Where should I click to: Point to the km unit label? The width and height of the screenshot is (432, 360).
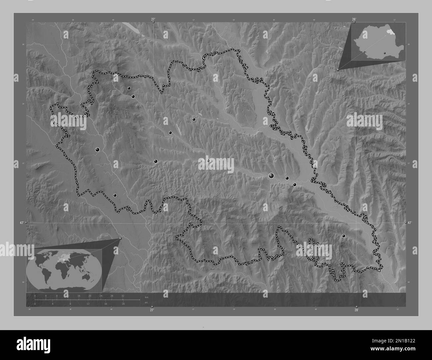tap(147, 297)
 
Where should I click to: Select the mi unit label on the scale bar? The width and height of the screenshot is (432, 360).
tap(146, 302)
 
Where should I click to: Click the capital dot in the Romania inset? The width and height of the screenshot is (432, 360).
tap(384, 52)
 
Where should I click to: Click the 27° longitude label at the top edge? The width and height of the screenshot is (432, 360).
tap(153, 19)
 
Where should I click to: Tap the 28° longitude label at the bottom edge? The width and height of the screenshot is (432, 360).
tap(356, 310)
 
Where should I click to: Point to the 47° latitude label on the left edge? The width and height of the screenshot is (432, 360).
tap(21, 223)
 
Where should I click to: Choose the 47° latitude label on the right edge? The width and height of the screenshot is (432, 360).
tap(410, 223)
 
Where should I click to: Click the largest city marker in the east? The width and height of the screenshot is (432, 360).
tap(271, 176)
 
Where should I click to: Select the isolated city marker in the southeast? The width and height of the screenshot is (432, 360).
tap(344, 236)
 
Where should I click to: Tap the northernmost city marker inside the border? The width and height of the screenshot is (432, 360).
tap(129, 88)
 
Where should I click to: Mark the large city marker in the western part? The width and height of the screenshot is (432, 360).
tap(97, 150)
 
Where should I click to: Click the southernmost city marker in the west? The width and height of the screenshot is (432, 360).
tap(115, 196)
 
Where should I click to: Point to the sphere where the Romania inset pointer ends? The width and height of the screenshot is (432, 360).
tap(338, 70)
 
